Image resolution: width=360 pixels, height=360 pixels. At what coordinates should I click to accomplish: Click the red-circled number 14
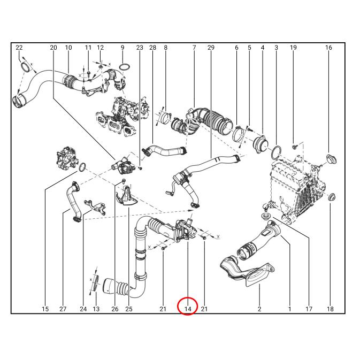tap(188, 309)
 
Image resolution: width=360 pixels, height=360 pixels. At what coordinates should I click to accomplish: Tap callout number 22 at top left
tap(19, 48)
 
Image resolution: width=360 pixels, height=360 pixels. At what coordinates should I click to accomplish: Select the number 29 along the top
tap(211, 48)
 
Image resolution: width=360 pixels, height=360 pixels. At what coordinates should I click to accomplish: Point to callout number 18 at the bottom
tap(330, 309)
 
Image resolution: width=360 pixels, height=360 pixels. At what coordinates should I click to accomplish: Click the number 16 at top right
tap(328, 48)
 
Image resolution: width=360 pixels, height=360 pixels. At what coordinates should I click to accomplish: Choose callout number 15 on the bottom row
tap(45, 309)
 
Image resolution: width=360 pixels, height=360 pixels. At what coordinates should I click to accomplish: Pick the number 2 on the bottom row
tap(259, 309)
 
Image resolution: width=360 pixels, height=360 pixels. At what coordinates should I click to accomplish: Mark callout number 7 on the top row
tap(194, 48)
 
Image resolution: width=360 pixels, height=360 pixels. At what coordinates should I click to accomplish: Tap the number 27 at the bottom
tap(63, 309)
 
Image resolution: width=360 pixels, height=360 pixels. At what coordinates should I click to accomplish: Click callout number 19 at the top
tap(293, 48)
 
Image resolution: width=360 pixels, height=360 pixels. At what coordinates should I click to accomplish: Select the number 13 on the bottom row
tap(96, 309)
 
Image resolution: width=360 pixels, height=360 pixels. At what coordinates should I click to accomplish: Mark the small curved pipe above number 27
tap(72, 202)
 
